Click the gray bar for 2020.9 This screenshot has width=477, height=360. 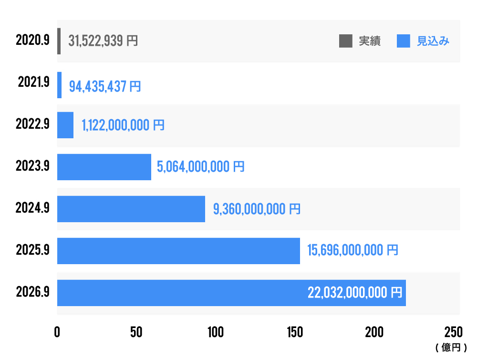(x=59, y=41)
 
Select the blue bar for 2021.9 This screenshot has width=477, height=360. (x=60, y=85)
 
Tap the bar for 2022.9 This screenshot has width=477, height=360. (x=65, y=125)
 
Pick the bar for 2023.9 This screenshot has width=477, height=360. (x=104, y=167)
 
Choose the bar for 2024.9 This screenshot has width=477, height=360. (x=131, y=209)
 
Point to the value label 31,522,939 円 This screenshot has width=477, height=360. (x=103, y=41)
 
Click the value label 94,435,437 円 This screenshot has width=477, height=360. (x=105, y=86)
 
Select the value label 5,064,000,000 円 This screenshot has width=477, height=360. (x=200, y=167)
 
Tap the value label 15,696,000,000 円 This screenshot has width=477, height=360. (x=353, y=250)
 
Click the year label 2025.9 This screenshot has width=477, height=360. (x=32, y=250)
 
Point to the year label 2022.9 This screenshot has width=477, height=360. (x=32, y=125)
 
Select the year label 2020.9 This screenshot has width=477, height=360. (x=32, y=41)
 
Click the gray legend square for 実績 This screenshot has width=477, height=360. (x=345, y=41)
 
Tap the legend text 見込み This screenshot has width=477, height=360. (x=433, y=41)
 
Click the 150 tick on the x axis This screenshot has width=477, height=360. (x=295, y=332)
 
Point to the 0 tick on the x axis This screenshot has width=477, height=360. (x=57, y=332)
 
